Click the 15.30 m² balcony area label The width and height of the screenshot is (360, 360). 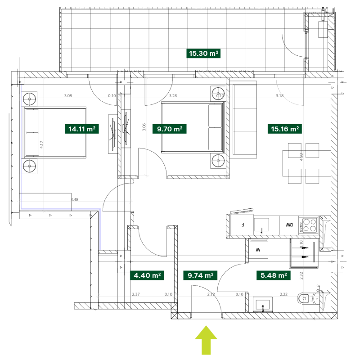203,54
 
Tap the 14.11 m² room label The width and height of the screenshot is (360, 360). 81,129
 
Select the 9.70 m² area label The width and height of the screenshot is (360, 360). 169,129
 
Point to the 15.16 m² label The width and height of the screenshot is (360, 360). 285,129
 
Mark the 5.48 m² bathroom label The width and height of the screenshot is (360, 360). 274,275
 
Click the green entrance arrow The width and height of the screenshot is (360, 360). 206,339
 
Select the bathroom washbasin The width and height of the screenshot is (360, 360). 262,305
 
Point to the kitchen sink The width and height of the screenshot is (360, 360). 261,224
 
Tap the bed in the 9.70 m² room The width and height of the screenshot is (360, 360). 193,127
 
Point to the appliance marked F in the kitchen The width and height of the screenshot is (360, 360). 243,224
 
